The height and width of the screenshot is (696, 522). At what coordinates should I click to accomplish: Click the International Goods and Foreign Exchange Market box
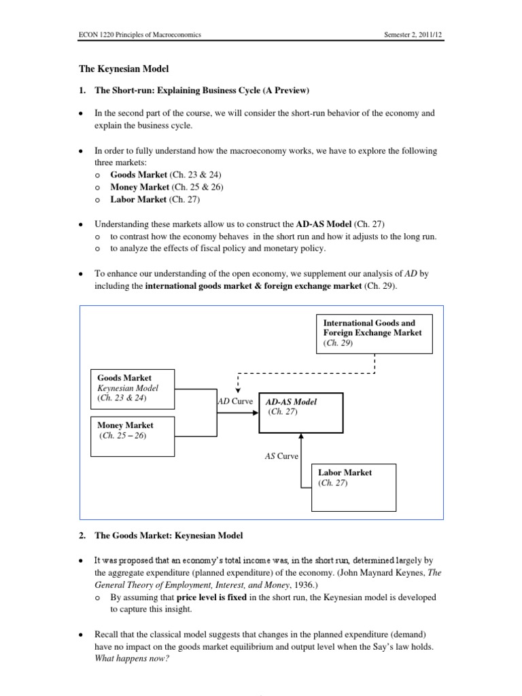pyautogui.click(x=374, y=333)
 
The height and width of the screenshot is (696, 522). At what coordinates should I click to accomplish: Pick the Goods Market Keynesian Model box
pyautogui.click(x=133, y=388)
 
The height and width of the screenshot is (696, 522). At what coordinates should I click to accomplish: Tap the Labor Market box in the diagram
pyautogui.click(x=353, y=486)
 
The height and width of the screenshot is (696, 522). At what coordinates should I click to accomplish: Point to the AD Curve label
pyautogui.click(x=234, y=401)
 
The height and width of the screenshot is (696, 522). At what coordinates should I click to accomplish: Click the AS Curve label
pyautogui.click(x=281, y=456)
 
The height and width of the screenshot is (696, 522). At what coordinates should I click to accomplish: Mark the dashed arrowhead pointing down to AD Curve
pyautogui.click(x=237, y=390)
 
